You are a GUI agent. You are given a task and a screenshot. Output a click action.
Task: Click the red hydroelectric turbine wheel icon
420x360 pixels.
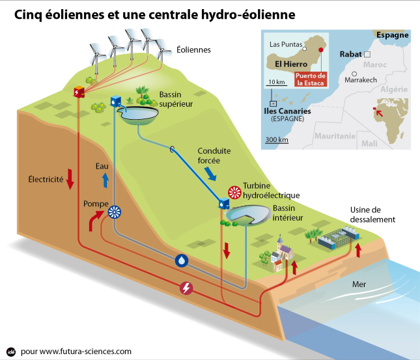[x=234, y=193]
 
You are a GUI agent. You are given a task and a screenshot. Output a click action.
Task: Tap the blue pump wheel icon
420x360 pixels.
[x=115, y=212]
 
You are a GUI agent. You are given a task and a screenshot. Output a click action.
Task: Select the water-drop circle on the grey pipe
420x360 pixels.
[x=182, y=260]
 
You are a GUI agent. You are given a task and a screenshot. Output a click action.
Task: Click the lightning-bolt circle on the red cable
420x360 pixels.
[x=186, y=288]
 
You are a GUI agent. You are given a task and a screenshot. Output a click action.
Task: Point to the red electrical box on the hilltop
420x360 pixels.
[x=79, y=92]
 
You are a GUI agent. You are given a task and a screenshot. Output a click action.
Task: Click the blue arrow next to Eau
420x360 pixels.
[x=105, y=180]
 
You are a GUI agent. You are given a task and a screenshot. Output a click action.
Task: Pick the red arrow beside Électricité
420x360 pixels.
[x=70, y=179]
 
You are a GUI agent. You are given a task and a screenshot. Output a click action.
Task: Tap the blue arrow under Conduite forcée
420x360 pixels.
[x=210, y=174]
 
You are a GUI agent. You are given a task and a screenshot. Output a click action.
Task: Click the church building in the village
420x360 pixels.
[x=283, y=251]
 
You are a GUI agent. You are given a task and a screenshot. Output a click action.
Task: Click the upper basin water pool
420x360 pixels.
[x=139, y=113]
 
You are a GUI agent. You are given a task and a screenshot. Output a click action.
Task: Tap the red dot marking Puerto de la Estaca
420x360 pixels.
[x=320, y=50]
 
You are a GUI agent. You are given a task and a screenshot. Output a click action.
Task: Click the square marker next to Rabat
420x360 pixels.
[x=367, y=55]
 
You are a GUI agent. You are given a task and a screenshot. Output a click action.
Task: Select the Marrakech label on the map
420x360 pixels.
[x=361, y=80]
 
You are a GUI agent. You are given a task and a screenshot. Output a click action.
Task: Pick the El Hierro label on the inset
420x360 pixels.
[x=291, y=64]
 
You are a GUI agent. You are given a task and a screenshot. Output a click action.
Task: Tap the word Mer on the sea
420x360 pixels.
[x=359, y=284]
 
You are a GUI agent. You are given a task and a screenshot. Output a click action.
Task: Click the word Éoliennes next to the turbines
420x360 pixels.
[x=193, y=49]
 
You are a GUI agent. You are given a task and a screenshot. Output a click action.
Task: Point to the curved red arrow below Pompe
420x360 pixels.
[x=96, y=220]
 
